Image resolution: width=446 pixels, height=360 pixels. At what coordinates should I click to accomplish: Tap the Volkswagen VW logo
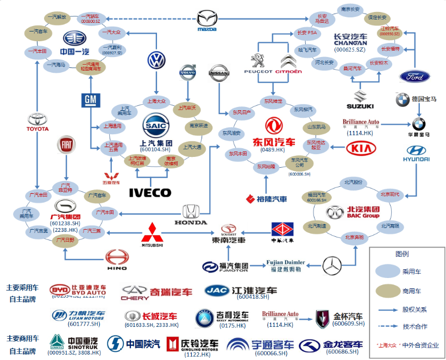coord(157,60)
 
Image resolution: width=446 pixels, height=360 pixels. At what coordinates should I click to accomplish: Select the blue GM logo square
coord(90,101)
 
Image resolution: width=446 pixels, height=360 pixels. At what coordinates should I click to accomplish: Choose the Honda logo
coord(191,212)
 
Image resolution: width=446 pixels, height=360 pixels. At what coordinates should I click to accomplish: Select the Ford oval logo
coord(414,76)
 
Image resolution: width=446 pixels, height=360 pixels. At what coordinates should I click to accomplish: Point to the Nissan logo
coord(219,74)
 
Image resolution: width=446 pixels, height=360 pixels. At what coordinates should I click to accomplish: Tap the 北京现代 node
coord(390,194)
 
